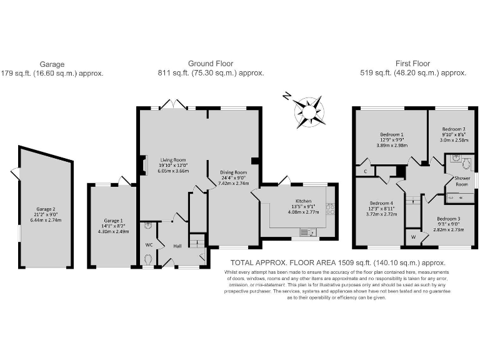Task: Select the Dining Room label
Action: coord(232,172)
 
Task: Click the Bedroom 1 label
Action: coord(392,134)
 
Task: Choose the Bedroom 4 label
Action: coord(381,203)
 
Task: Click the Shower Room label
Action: coord(461,181)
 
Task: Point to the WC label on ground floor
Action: coord(148,244)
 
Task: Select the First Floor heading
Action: coord(412,64)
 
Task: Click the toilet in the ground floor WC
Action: coord(149,258)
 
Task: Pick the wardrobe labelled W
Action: coord(412,237)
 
